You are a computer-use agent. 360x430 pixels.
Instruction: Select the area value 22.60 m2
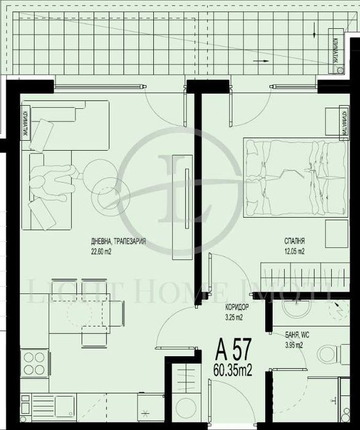pos(102,250)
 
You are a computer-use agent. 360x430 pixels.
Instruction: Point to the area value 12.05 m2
pos(294,251)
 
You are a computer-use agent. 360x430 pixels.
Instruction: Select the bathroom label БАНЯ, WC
pos(298,336)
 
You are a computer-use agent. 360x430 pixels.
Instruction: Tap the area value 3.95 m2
pos(294,345)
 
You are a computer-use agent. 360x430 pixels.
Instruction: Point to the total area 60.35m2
pos(233,370)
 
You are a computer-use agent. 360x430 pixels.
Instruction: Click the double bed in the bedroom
pos(294,178)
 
